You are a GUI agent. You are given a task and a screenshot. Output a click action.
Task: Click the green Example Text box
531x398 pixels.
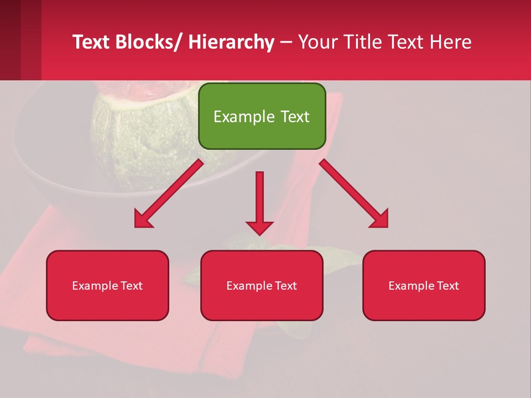pos(262,116)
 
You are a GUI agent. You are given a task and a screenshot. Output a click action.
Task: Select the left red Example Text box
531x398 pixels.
pos(107,285)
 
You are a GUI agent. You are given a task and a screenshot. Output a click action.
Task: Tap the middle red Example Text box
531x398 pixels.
pos(262,285)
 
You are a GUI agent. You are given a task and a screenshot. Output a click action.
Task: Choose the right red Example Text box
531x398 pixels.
pos(424,285)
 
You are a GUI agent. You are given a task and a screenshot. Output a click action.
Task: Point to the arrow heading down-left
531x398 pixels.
pos(169,193)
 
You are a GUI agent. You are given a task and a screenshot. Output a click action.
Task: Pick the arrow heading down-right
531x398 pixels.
pos(354,193)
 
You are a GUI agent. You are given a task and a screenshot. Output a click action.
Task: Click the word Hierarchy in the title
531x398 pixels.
pos(231,42)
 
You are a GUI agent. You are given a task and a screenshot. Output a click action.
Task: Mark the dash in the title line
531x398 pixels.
pos(286,42)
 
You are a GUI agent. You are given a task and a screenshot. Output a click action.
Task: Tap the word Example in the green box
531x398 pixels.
pos(244,117)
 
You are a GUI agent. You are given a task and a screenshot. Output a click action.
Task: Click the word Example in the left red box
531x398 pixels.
pos(96,285)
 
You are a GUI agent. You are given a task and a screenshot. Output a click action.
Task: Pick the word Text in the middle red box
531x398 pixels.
pos(285,285)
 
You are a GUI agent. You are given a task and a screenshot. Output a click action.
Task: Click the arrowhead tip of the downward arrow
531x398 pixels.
pos(259,234)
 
